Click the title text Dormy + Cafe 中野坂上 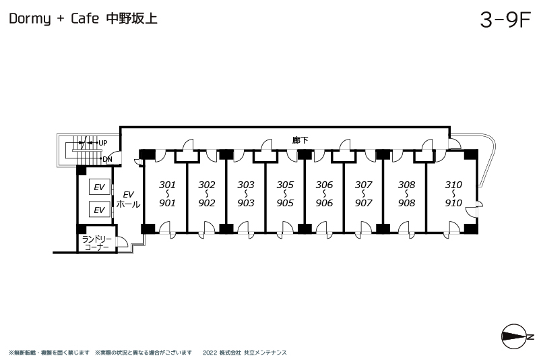coord(84,20)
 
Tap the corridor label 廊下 coord(300,140)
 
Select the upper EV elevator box coord(99,187)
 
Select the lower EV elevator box coord(99,210)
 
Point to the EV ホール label coord(128,200)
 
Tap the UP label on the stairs coord(102,143)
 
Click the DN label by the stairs coord(107,159)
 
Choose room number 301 coord(167,184)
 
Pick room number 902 coord(207,203)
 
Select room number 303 coord(246,184)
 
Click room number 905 coord(285,203)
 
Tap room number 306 coord(324,184)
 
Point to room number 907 coord(364,203)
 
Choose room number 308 coord(406,184)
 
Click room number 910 coord(453,203)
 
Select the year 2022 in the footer coord(209,353)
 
